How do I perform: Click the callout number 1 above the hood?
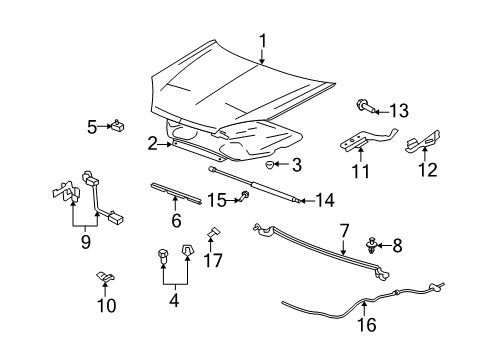tap(263, 41)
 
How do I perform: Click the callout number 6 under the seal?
tap(175, 221)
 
